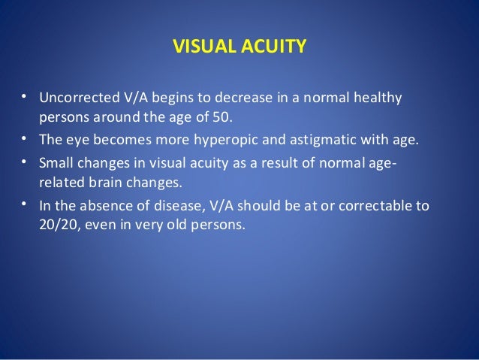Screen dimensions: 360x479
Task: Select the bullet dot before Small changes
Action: coord(24,162)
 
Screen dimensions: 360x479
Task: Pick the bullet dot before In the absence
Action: coord(24,204)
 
